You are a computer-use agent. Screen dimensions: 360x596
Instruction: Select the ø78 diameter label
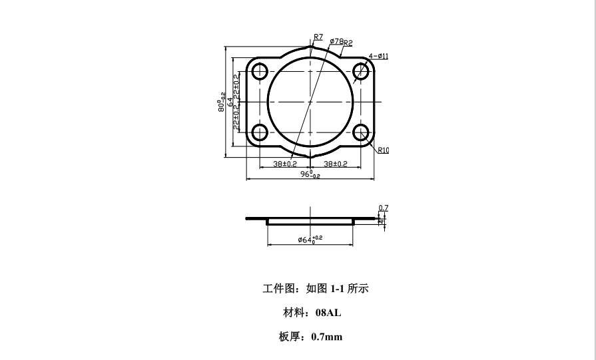pos(336,41)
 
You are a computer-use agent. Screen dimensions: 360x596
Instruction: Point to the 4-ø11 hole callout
pos(378,57)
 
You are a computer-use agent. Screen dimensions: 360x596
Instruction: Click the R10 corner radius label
pos(382,150)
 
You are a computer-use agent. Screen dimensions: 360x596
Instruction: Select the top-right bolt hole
pos(361,71)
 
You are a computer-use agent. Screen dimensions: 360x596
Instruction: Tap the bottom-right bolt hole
pos(361,132)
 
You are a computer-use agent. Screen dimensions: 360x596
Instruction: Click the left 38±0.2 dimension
pos(285,164)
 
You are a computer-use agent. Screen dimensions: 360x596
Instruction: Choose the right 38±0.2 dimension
pos(336,164)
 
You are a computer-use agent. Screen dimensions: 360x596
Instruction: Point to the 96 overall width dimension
pos(310,175)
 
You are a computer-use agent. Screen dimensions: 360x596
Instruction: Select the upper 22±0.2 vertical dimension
pos(236,86)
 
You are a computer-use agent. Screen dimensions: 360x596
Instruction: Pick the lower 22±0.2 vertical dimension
pos(236,118)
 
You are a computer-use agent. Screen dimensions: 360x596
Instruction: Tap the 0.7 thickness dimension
pos(383,208)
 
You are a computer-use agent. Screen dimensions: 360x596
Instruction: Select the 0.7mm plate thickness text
pos(326,337)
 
